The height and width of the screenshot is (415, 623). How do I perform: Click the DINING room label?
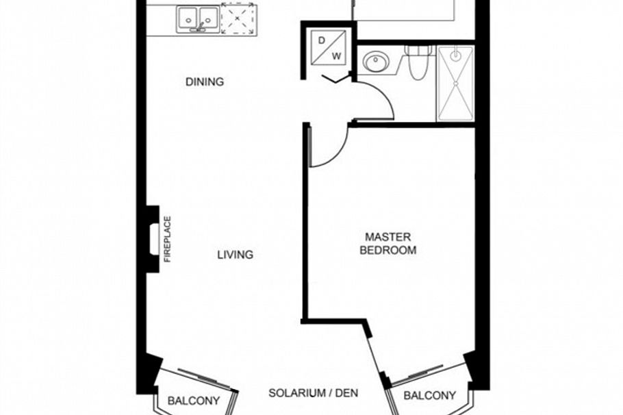205,82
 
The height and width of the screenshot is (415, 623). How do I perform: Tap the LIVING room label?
235,255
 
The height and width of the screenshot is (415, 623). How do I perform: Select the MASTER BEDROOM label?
388,244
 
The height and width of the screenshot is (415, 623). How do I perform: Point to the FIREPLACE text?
166,239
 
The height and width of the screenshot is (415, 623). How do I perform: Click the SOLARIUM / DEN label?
313,394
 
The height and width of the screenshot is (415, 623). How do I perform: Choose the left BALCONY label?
194,401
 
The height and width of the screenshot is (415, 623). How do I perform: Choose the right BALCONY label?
429,395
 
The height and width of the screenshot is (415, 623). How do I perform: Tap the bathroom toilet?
416,63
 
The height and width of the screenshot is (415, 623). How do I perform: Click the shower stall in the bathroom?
455,83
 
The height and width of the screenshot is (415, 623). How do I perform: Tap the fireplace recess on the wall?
153,239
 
